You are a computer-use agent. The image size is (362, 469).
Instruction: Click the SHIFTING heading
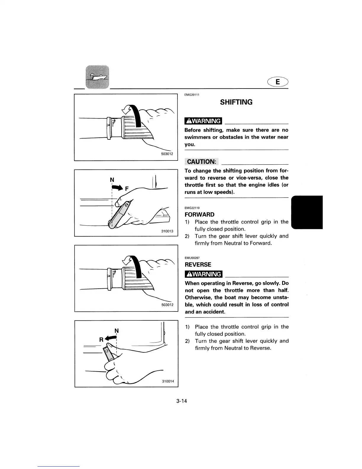coord(236,102)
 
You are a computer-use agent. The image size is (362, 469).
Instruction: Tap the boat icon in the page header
coord(97,77)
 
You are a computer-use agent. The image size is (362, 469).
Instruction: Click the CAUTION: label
coord(201,161)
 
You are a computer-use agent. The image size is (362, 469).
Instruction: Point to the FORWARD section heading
coord(199,214)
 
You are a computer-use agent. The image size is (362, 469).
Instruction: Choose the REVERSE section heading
coord(198,264)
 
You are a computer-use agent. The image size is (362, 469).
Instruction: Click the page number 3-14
coord(182,401)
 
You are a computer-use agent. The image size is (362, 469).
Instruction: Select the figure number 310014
coord(168,382)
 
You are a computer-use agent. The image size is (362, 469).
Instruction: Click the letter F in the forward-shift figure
coord(127,188)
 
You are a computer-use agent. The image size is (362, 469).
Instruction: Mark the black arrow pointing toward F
coord(117,187)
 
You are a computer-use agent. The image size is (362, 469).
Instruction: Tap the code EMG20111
coord(192,95)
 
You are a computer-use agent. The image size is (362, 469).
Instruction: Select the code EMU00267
coord(192,258)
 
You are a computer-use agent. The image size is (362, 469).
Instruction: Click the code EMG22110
coord(192,208)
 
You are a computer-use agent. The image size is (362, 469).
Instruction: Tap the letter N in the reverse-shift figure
coord(117,330)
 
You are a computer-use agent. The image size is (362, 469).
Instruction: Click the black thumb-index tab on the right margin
coord(307,212)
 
